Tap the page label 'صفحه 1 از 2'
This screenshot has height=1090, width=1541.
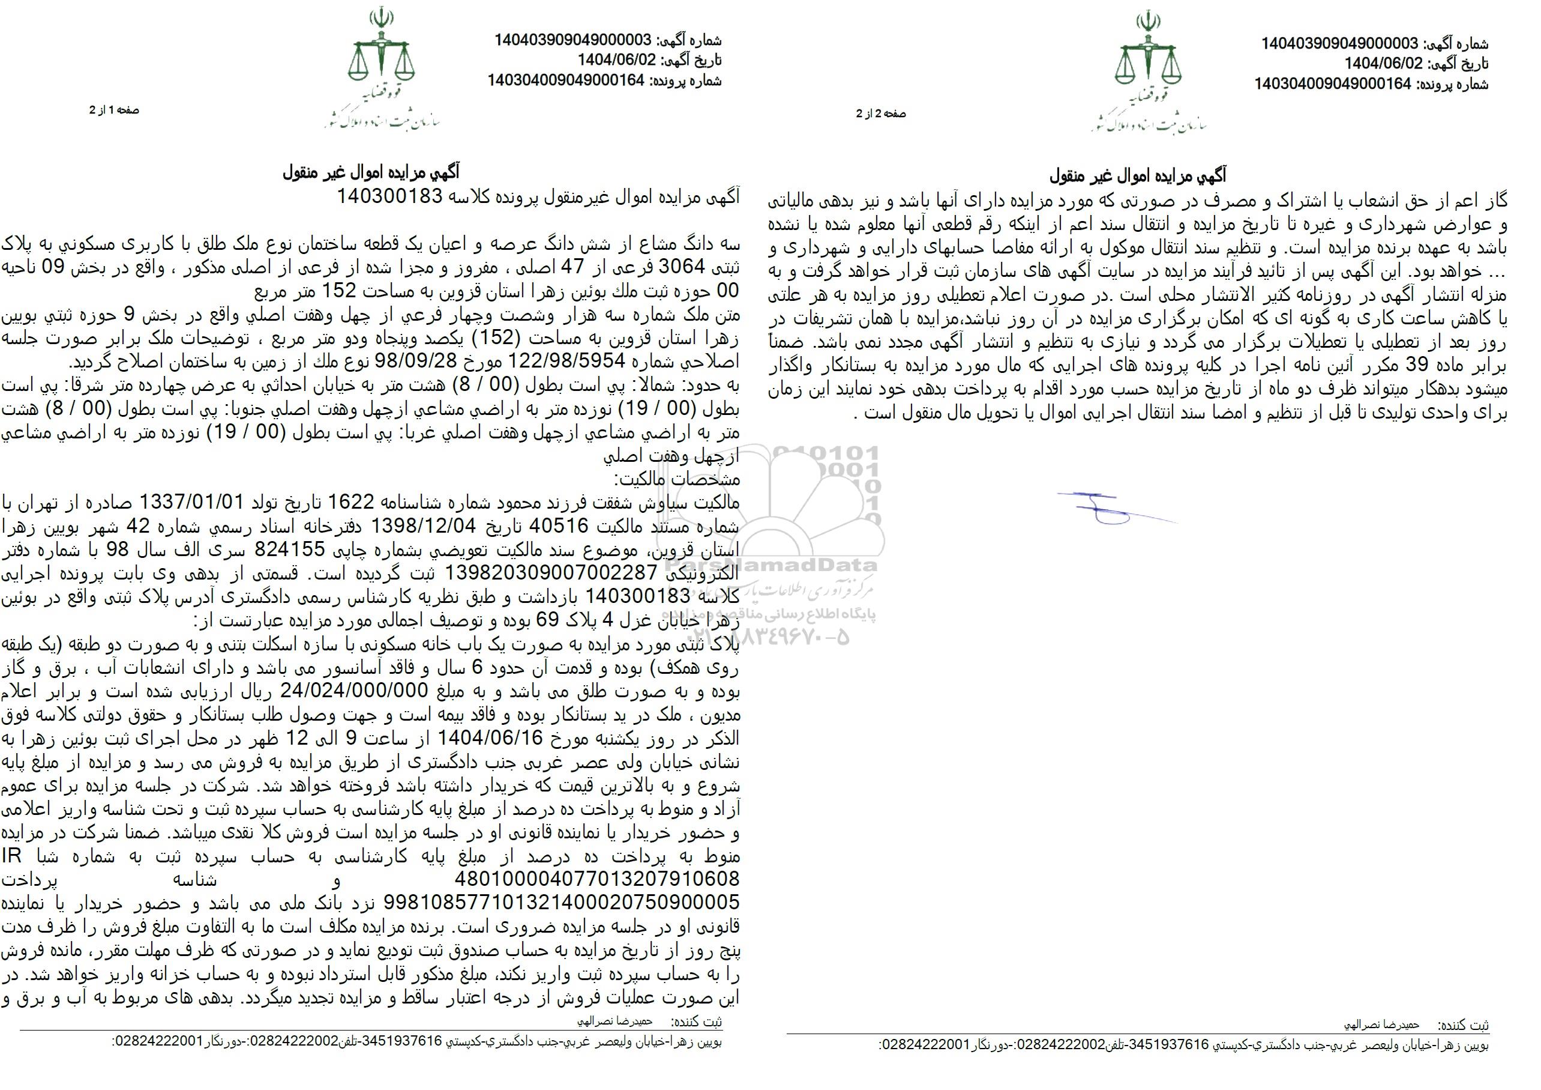(x=114, y=110)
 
